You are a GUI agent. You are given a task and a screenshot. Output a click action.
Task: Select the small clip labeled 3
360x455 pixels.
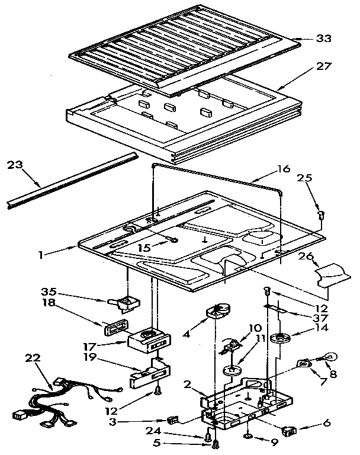(x=173, y=420)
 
